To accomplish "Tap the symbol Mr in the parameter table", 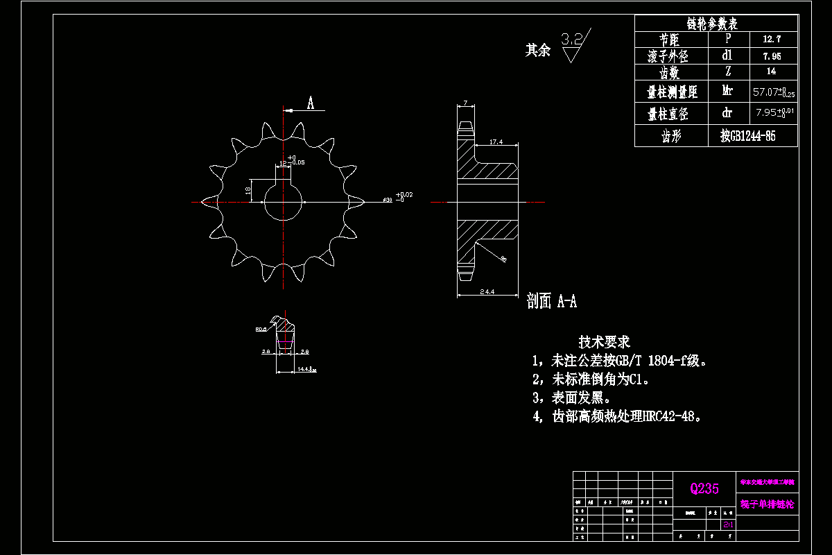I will pyautogui.click(x=727, y=90).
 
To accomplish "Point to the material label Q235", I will pyautogui.click(x=704, y=488).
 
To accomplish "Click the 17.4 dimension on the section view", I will pyautogui.click(x=496, y=142).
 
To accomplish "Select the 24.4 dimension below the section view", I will pyautogui.click(x=487, y=292).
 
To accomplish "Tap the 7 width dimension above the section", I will pyautogui.click(x=465, y=103).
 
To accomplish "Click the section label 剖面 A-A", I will pyautogui.click(x=552, y=301).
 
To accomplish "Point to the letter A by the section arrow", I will pyautogui.click(x=311, y=104).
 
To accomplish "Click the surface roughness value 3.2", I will pyautogui.click(x=571, y=39).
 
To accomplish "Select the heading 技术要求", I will pyautogui.click(x=604, y=342).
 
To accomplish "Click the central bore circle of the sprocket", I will pyautogui.click(x=284, y=202).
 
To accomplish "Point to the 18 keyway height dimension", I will pyautogui.click(x=248, y=189).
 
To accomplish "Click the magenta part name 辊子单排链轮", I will pyautogui.click(x=766, y=504).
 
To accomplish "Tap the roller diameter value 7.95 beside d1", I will pyautogui.click(x=771, y=56).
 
